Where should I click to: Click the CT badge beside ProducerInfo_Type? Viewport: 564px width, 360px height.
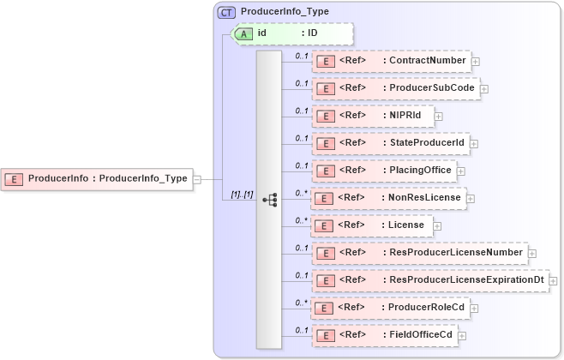click(x=227, y=12)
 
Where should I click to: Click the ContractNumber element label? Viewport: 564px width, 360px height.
click(x=427, y=61)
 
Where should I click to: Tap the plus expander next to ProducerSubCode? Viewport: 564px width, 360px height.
click(x=483, y=88)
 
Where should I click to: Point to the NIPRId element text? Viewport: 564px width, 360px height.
click(x=406, y=116)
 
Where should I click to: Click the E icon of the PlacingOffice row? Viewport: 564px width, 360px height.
click(x=325, y=171)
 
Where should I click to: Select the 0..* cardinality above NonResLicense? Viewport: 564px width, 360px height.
click(x=301, y=193)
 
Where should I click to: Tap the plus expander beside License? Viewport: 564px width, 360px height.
click(x=437, y=225)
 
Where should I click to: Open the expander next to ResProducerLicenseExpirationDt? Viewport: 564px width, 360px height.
click(x=554, y=280)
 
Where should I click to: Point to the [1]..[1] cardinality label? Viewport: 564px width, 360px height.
click(x=243, y=194)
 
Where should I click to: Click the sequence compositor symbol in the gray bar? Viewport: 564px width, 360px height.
click(x=270, y=199)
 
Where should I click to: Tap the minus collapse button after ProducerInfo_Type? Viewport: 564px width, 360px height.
click(x=197, y=179)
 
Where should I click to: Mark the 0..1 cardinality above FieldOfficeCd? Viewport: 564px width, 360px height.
click(x=301, y=330)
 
